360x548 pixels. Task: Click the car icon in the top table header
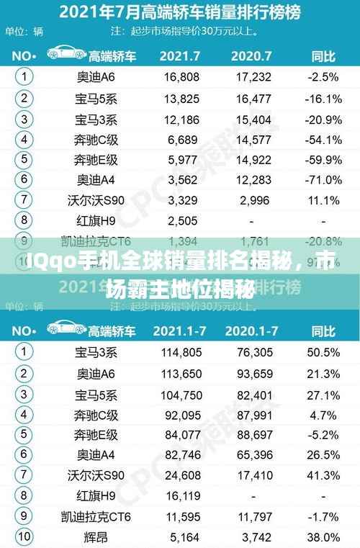coord(66,55)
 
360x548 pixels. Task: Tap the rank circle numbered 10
coord(24,536)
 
